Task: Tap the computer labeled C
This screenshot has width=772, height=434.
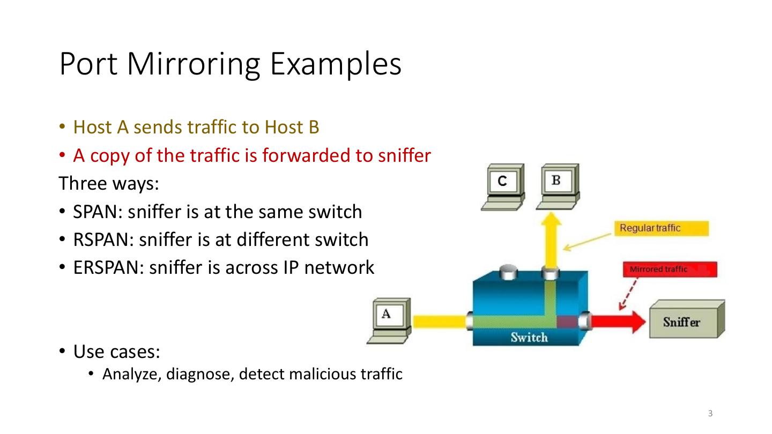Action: coord(503,185)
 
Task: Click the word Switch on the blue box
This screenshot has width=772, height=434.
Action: coord(529,338)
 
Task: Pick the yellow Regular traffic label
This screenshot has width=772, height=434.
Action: coord(660,228)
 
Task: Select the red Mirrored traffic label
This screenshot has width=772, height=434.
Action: coord(669,269)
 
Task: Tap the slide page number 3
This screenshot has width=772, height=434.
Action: coord(710,413)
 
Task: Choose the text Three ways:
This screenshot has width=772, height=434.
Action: coord(109,183)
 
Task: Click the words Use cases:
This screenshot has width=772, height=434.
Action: coord(117,352)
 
